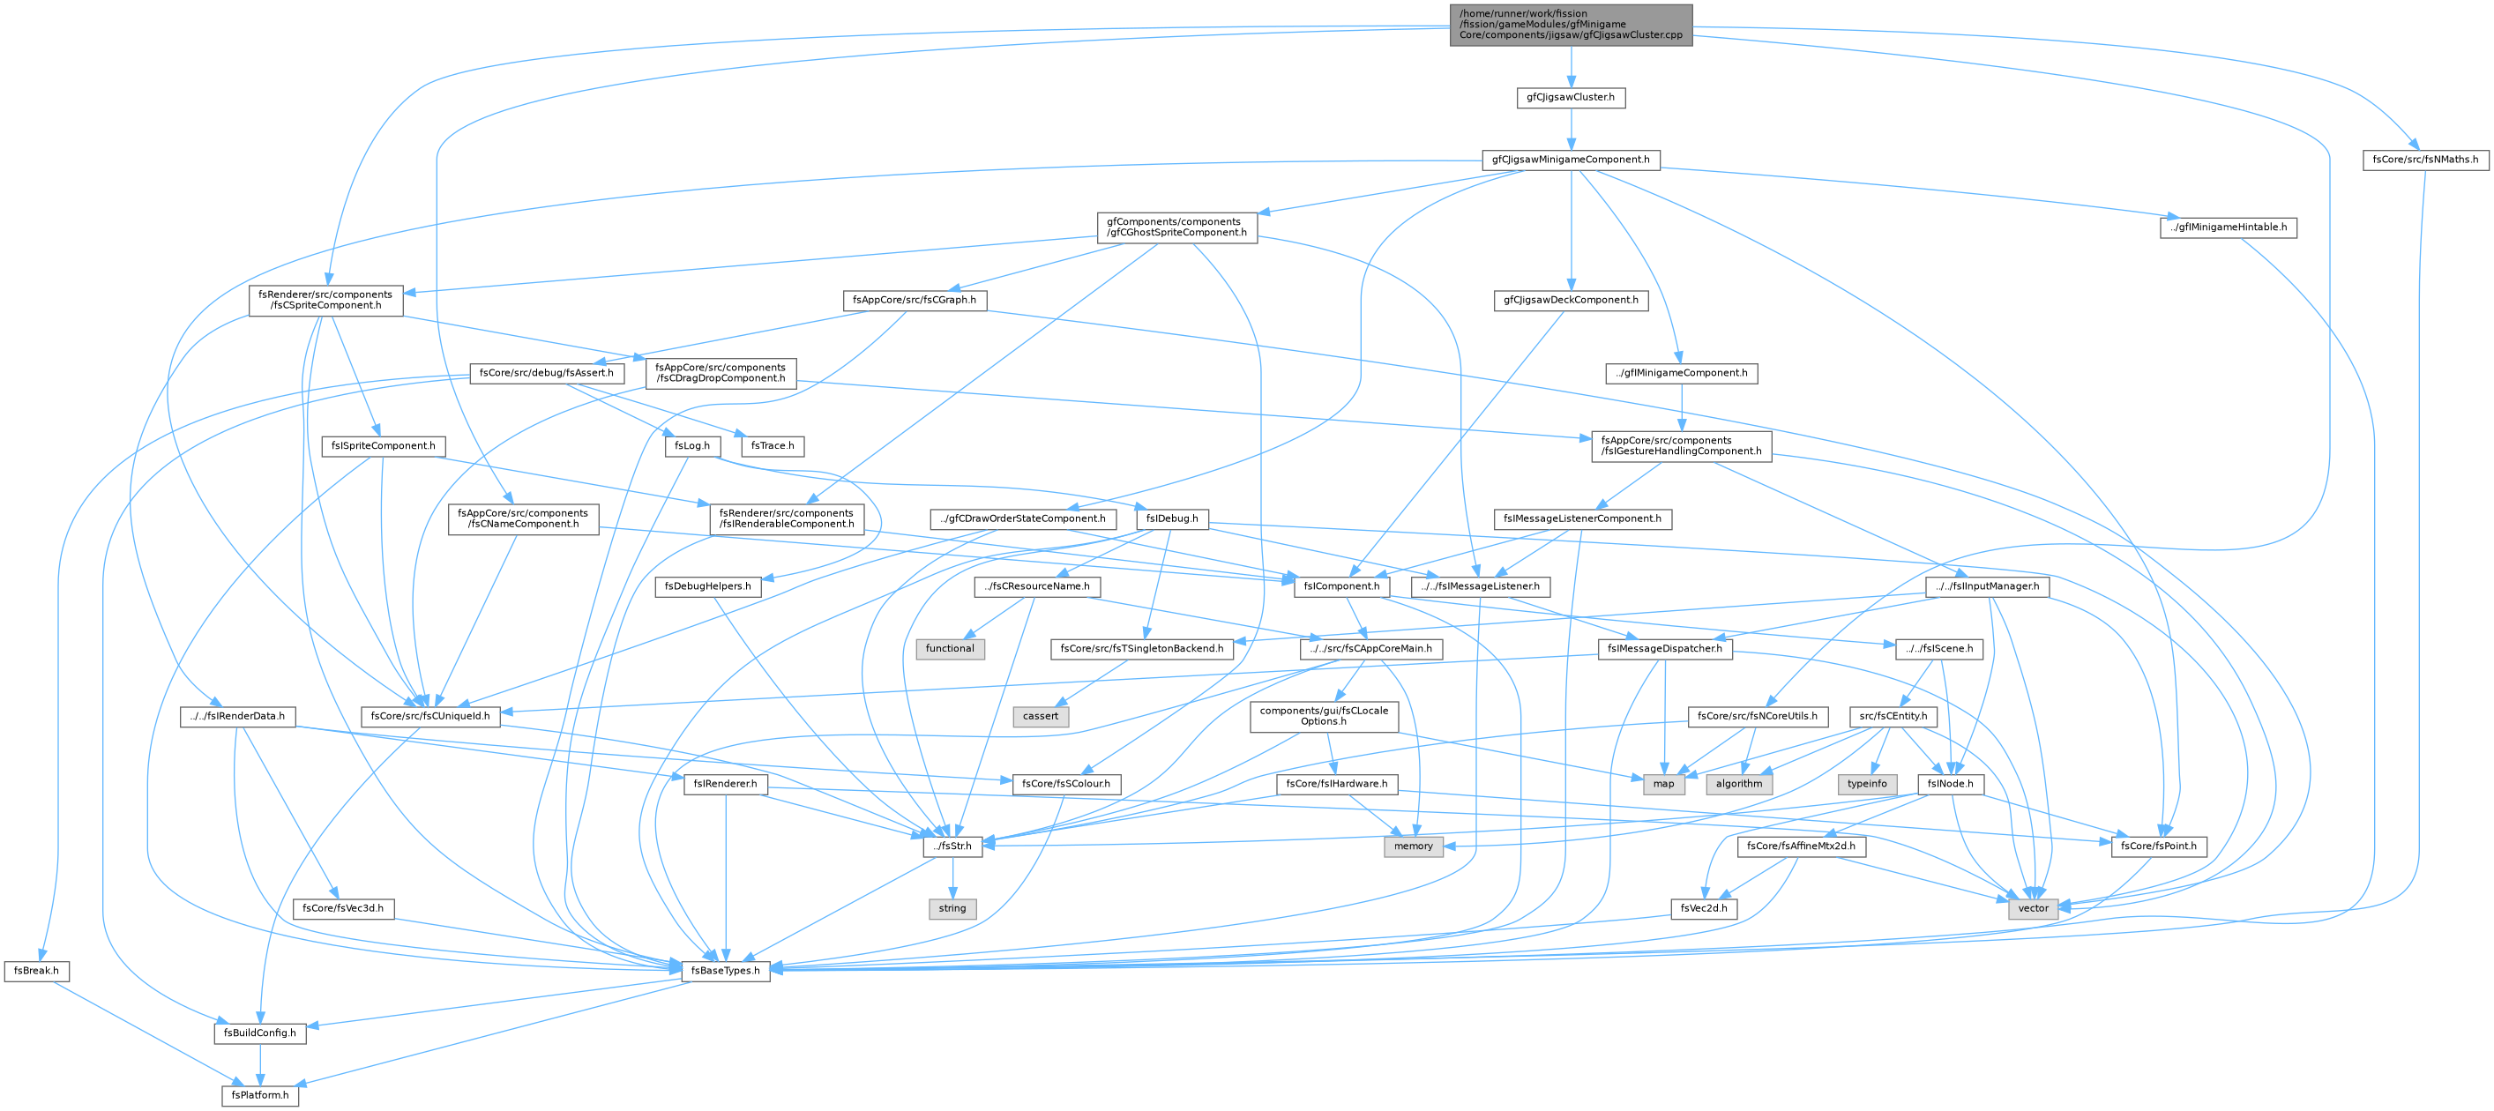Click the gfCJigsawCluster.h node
coord(1571,98)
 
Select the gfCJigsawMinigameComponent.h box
coord(1571,160)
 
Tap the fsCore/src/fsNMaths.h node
coord(2425,160)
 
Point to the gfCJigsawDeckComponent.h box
coord(1571,300)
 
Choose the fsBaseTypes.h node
coord(725,971)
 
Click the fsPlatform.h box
coord(259,1095)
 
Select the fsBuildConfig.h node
coord(259,1033)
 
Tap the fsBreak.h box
coord(36,971)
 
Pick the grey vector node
coord(2033,909)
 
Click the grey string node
coord(952,909)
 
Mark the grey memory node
coord(1414,846)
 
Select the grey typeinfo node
coord(1867,784)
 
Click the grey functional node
coord(950,648)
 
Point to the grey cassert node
coord(1041,716)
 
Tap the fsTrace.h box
coord(773,446)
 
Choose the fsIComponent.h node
coord(1342,586)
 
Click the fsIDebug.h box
coord(1172,518)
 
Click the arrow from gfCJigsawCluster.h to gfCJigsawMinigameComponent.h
coord(1571,129)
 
